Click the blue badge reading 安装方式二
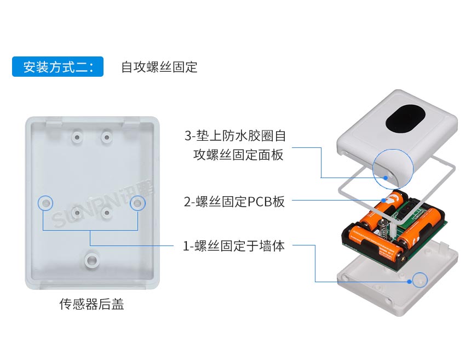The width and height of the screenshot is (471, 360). (58, 67)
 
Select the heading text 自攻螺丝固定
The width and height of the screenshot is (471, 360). (159, 67)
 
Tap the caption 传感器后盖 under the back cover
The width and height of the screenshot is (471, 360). (91, 305)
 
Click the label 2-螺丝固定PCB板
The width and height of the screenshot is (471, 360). (234, 201)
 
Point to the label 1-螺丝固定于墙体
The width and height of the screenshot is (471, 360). (234, 245)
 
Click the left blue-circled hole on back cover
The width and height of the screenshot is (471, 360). (45, 203)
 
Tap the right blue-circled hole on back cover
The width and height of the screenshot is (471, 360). (137, 203)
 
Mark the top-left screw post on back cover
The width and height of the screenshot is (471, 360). (77, 134)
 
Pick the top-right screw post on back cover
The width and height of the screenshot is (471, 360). (106, 134)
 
